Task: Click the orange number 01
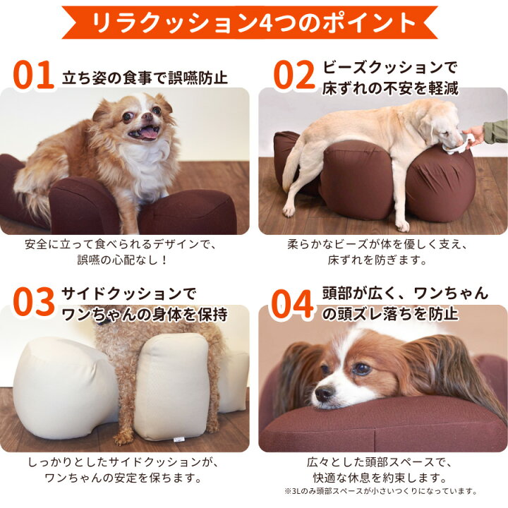point(33,77)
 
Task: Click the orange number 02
point(293,77)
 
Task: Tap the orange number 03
point(33,301)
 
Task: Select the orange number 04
point(293,301)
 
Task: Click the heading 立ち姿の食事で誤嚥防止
point(145,77)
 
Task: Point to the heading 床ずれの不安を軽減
point(390,88)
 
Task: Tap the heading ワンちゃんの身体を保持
point(145,313)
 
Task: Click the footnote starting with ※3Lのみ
point(382,491)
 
